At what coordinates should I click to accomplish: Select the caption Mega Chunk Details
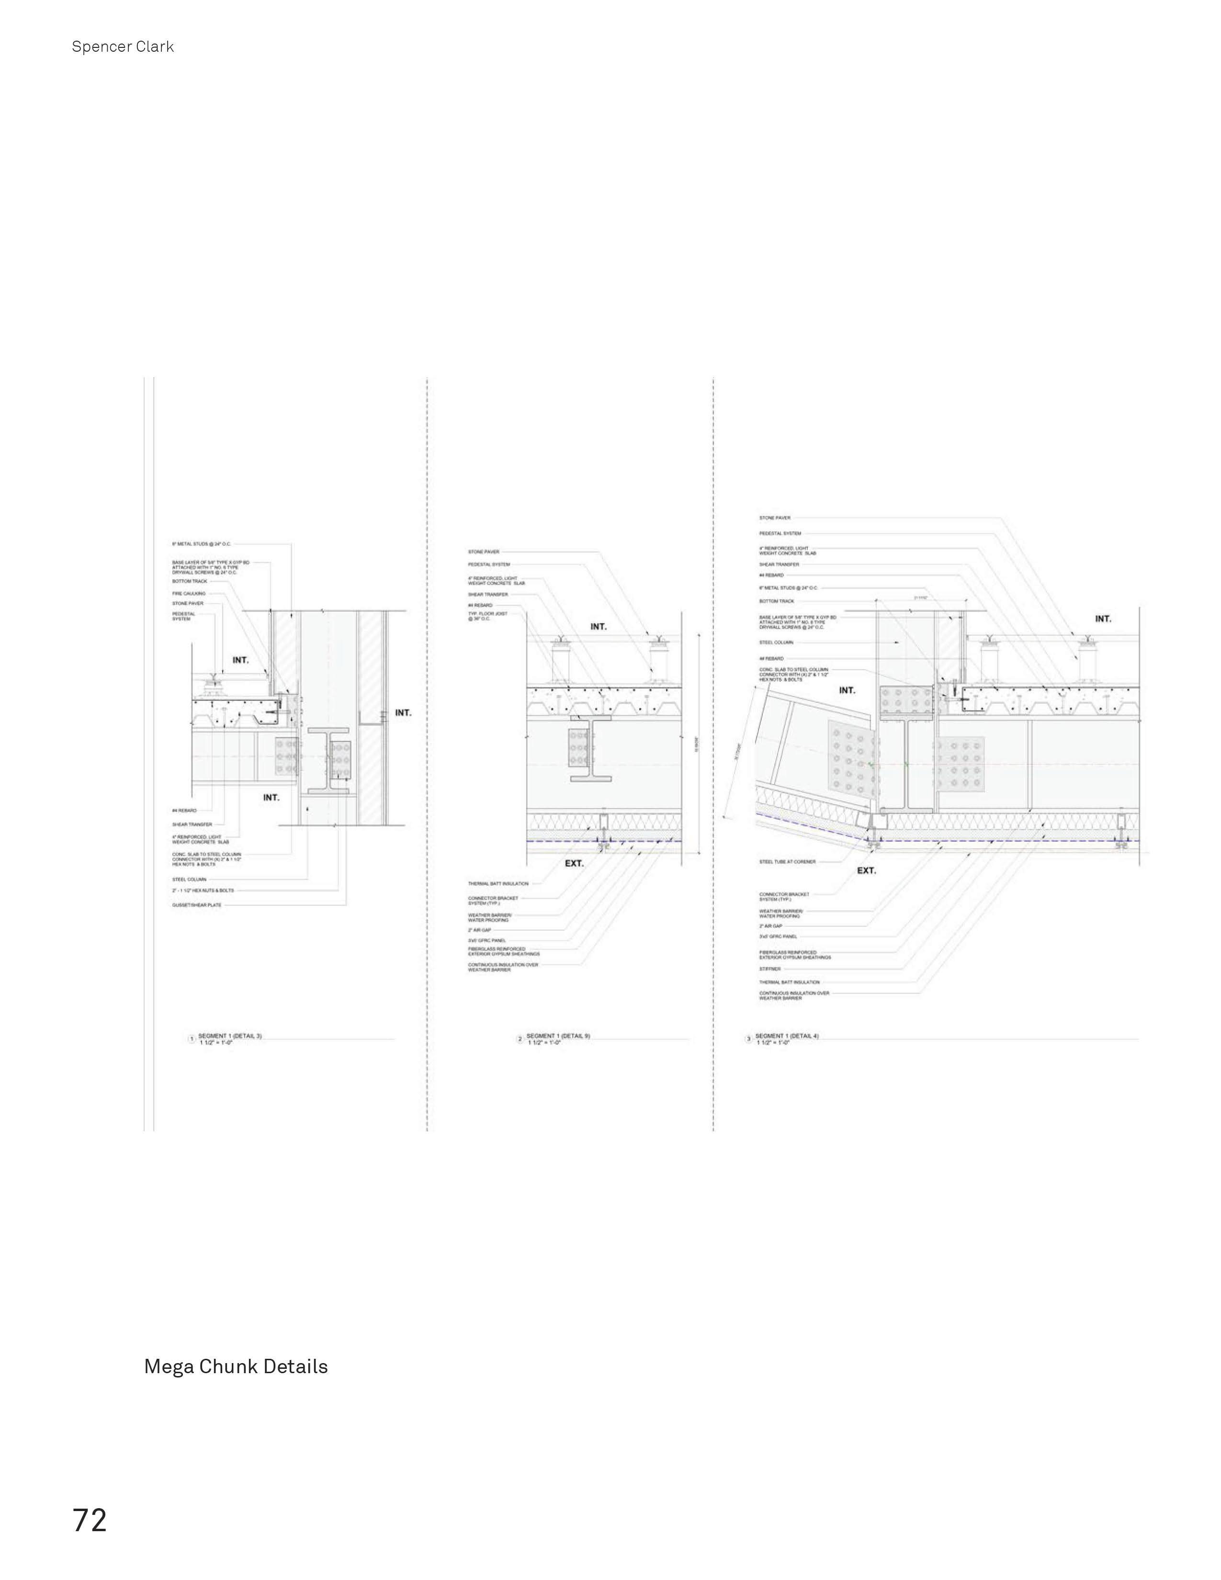coord(236,1366)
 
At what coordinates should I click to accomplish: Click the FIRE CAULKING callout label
coord(188,593)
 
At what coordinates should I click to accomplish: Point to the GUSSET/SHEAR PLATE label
coord(197,905)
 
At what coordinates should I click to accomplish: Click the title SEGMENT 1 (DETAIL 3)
coord(230,1036)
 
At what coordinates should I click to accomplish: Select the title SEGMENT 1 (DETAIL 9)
coord(558,1036)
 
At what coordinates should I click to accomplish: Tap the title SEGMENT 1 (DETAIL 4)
coord(787,1036)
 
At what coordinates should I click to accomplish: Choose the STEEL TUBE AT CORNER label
coord(787,862)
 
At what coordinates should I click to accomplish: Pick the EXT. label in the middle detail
coord(574,863)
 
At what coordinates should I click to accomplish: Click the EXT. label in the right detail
coord(866,870)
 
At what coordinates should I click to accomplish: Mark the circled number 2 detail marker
coord(520,1039)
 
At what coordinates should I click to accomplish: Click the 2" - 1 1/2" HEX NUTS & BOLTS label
coord(203,891)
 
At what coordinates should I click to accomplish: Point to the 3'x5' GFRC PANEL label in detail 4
coord(778,936)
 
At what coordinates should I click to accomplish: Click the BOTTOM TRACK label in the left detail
coord(190,581)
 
